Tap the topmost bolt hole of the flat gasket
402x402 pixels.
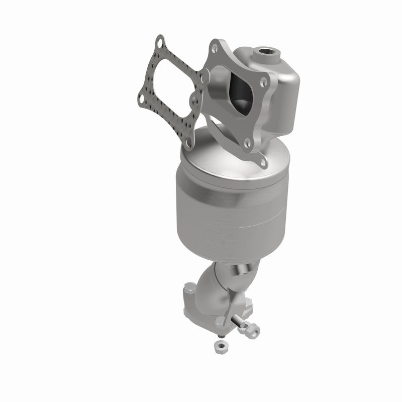[159, 40]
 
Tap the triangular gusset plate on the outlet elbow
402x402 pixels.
[240, 281]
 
